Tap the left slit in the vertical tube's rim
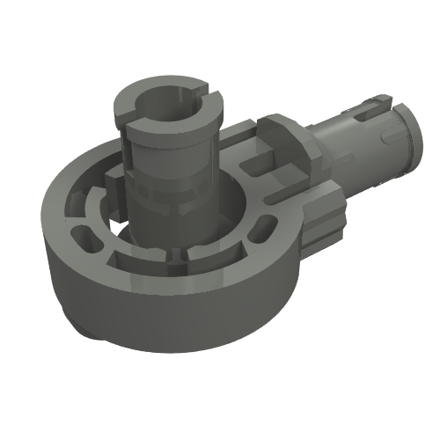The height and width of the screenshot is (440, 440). pos(132,112)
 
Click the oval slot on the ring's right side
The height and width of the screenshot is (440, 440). pos(260,231)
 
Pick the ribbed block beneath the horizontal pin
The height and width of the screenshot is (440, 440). pos(326,216)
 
